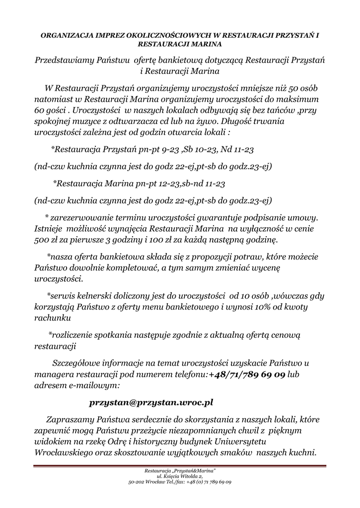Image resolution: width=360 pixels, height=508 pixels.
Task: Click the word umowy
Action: pos(303,218)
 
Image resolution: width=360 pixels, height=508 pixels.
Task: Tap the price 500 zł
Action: pos(46,241)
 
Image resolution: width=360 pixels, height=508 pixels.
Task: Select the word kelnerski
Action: pos(95,296)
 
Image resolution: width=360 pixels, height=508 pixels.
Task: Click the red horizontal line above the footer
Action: pos(180,465)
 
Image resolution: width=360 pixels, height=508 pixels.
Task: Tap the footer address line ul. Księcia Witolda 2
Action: pos(180,476)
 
